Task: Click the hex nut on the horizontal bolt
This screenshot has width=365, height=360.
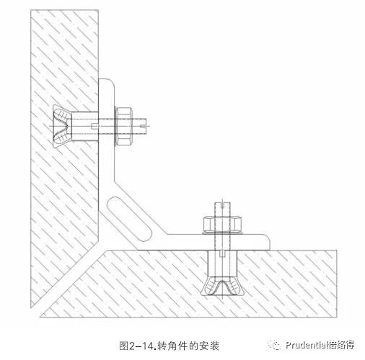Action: click(x=124, y=126)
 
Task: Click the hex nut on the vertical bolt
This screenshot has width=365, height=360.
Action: click(x=222, y=224)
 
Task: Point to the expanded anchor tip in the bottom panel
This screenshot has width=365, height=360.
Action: click(x=222, y=286)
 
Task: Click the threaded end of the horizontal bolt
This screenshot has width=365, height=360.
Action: click(x=140, y=126)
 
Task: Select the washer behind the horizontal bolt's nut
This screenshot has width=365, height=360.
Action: click(x=115, y=126)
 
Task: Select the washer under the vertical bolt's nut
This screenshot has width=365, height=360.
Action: click(x=222, y=233)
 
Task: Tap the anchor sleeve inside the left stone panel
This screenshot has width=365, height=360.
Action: click(x=85, y=126)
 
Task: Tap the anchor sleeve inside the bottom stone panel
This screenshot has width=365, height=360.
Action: click(x=222, y=264)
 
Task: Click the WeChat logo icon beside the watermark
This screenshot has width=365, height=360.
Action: click(x=275, y=345)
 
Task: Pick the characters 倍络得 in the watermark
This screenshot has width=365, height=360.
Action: click(x=342, y=345)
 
